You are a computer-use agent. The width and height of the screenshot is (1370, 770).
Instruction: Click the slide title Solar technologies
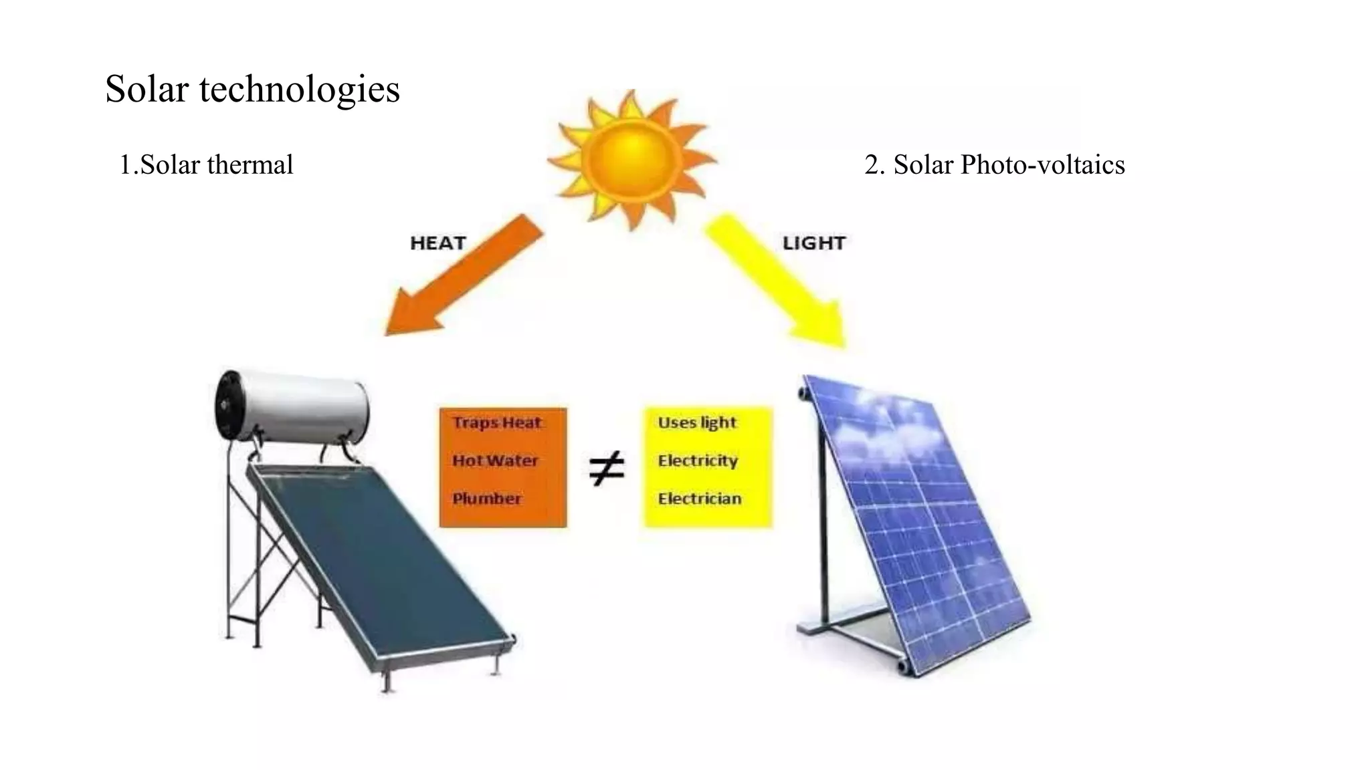point(252,89)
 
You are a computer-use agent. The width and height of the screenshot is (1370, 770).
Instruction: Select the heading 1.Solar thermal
point(206,164)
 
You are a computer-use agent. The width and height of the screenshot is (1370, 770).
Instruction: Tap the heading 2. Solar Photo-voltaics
point(994,164)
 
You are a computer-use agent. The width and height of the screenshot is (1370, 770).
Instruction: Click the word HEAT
point(437,243)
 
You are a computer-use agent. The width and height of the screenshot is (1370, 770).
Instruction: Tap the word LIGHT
point(813,243)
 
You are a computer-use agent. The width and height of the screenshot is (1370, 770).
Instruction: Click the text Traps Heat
point(496,422)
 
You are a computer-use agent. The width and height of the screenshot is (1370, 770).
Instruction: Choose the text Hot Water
point(495,461)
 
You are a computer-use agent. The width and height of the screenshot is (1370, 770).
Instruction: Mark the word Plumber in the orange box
point(486,499)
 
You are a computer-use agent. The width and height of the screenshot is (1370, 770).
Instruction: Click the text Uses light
point(696,422)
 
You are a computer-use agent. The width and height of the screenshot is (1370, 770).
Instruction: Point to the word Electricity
point(697,461)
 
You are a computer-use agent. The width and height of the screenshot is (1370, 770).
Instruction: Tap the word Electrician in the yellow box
point(699,499)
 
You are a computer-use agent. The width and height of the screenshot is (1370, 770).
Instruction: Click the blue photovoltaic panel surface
point(923,521)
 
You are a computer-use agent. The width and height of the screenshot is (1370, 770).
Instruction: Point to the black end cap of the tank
point(227,405)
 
